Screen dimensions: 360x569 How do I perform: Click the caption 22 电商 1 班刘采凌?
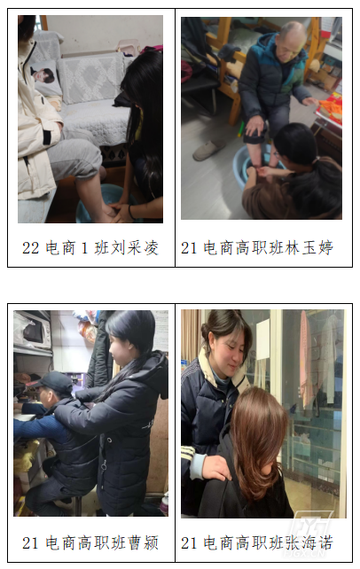click(90, 248)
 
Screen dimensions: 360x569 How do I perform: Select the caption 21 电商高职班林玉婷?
click(257, 248)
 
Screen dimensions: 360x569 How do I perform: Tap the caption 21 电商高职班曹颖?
click(90, 543)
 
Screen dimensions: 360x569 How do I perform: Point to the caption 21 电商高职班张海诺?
click(257, 543)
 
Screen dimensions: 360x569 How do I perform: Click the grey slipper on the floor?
click(209, 150)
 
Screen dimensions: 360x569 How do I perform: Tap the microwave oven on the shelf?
click(32, 331)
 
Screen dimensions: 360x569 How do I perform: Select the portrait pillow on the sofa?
click(45, 78)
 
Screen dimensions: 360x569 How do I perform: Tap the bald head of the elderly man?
click(291, 32)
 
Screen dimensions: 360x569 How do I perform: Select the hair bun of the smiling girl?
click(206, 330)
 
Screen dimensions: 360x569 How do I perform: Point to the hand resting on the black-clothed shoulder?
click(218, 467)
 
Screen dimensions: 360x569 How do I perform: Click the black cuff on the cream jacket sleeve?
click(47, 137)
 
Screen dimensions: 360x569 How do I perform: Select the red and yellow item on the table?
click(330, 108)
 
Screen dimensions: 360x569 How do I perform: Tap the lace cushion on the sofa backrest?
click(91, 78)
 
